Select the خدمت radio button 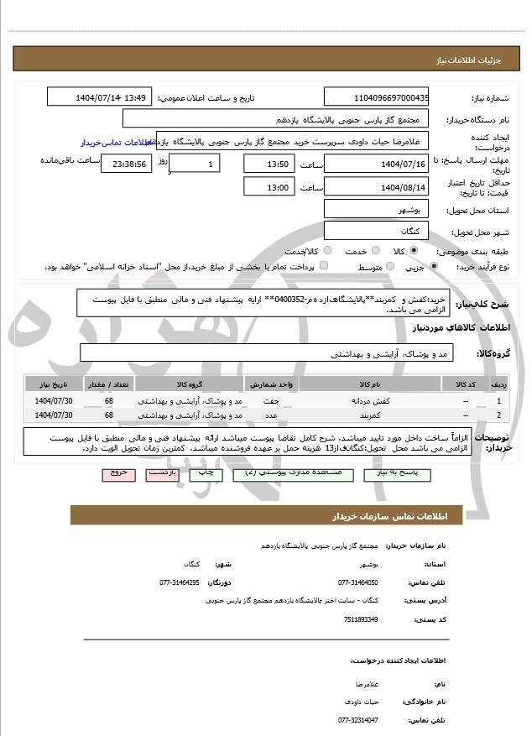point(374,251)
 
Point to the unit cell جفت point(270,401)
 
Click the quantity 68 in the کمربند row point(109,415)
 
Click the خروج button point(118,474)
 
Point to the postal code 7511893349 point(361,619)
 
